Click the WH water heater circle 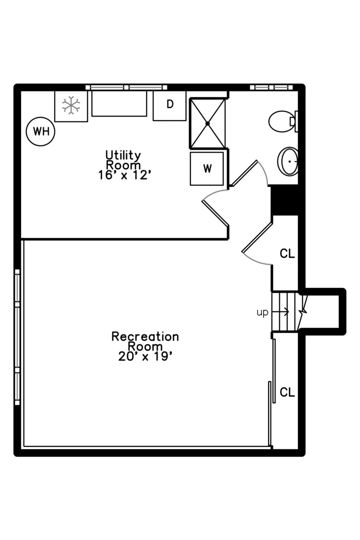pos(40,131)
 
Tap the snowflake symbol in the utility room pos(71,105)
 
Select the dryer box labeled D pos(169,105)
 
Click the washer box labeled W pos(207,169)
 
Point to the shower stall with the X pos(207,123)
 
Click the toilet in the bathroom pos(283,121)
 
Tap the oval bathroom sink pos(288,161)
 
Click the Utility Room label pos(123,160)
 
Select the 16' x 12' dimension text pos(124,175)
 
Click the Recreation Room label pos(145,341)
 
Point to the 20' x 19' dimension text pos(145,356)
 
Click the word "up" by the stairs pos(262,312)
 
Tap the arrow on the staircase pos(280,312)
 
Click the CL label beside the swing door pos(287,254)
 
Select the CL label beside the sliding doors pos(287,392)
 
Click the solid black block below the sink pos(284,200)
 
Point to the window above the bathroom pos(271,87)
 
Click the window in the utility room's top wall pos(126,87)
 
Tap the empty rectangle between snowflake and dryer pos(119,103)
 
